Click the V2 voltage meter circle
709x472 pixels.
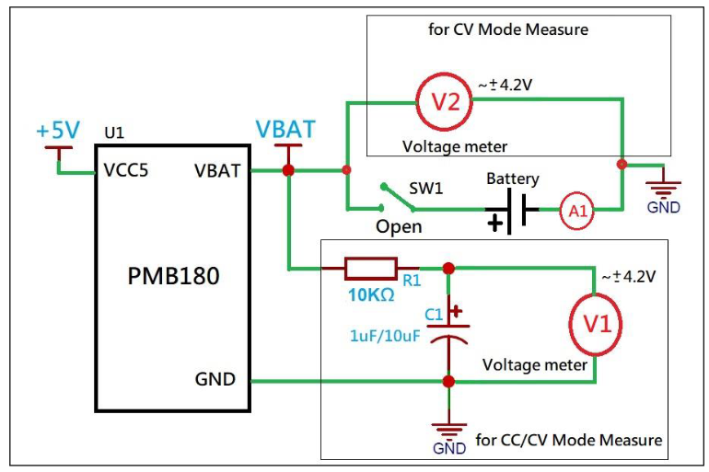(x=446, y=102)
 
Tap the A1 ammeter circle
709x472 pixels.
(x=577, y=212)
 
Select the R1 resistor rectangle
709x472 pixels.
(x=370, y=269)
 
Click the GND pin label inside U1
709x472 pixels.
(x=215, y=379)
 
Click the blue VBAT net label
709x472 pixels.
(x=285, y=130)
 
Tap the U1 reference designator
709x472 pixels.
(x=114, y=133)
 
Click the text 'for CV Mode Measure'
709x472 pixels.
(x=508, y=29)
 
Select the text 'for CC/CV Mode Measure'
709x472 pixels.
(x=568, y=440)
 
